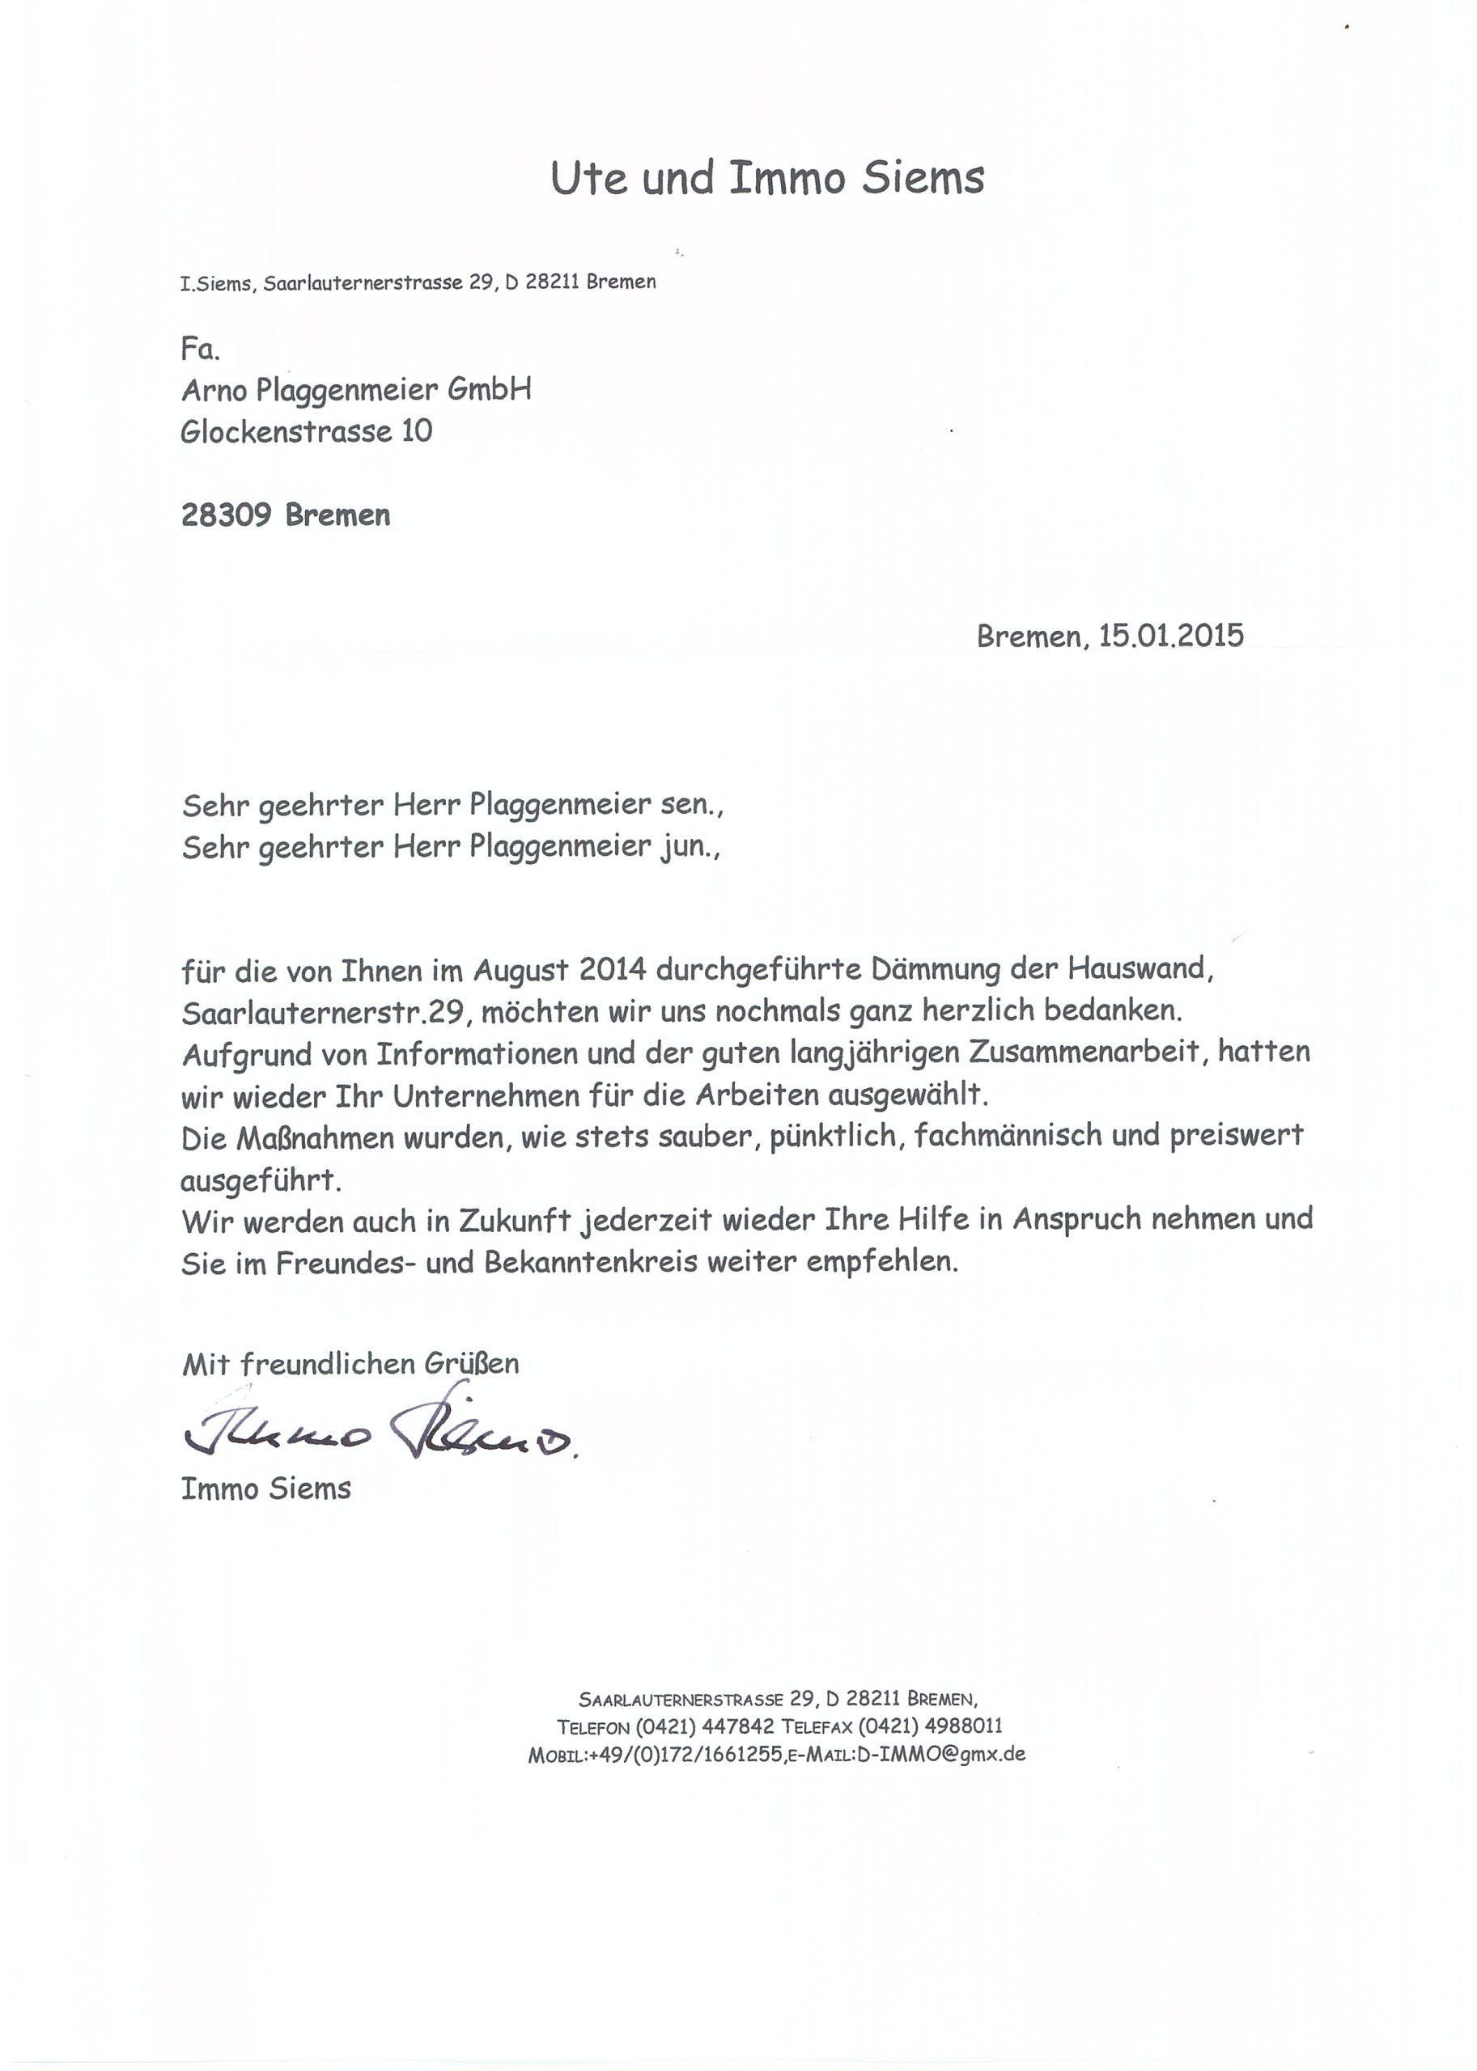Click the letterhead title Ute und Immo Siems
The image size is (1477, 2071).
(x=766, y=177)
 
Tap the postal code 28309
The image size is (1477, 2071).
(x=226, y=515)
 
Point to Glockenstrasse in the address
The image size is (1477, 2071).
(x=285, y=431)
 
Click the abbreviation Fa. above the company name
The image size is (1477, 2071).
(x=200, y=349)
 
